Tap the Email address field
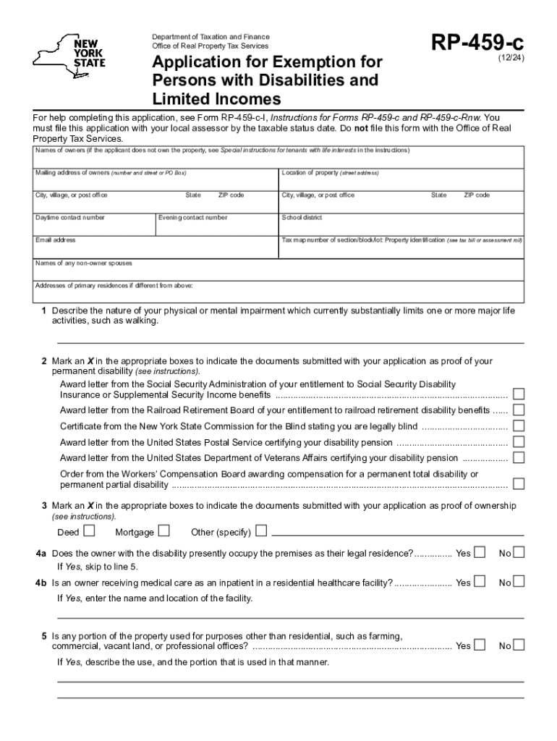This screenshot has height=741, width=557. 156,248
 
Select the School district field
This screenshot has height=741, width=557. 401,225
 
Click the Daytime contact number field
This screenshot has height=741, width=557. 93,226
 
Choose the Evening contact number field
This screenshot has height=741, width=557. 217,226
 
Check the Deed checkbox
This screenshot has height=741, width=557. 89,532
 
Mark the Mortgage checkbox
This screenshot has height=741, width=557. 163,532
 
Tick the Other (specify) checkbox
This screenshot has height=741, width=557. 260,532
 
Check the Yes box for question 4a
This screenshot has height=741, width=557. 480,554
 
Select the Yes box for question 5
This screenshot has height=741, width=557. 480,645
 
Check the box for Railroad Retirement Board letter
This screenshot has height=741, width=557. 519,410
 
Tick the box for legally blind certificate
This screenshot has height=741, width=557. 519,426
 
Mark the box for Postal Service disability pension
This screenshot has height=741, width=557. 519,442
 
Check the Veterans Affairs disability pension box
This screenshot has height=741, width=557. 519,458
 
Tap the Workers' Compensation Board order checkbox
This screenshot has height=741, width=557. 519,484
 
